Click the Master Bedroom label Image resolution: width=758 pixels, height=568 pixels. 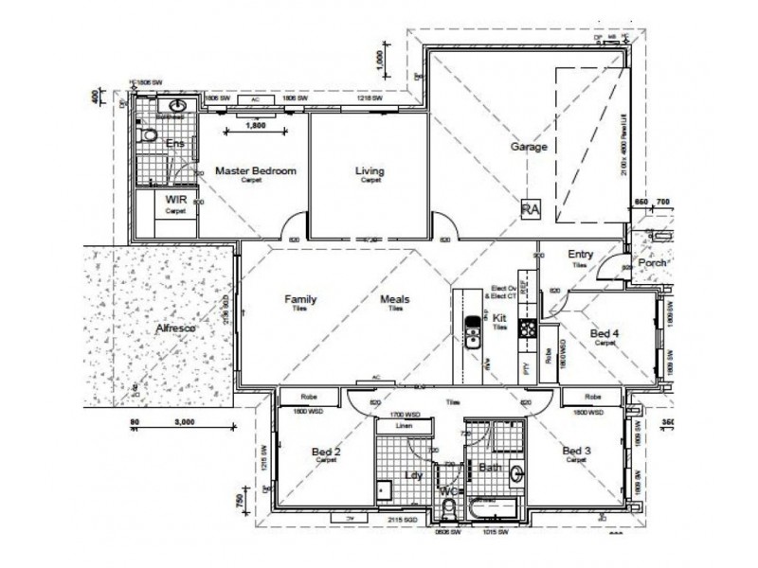pyautogui.click(x=256, y=171)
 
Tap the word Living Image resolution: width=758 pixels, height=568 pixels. pyautogui.click(x=370, y=171)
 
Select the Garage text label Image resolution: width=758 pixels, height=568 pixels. pyautogui.click(x=530, y=148)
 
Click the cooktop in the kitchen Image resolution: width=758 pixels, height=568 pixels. pyautogui.click(x=527, y=328)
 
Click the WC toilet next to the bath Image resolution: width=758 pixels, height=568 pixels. pyautogui.click(x=449, y=510)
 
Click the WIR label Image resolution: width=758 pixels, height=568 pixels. pyautogui.click(x=175, y=201)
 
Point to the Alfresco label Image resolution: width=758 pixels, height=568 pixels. pyautogui.click(x=174, y=329)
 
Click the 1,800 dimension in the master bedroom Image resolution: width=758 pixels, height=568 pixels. pyautogui.click(x=255, y=125)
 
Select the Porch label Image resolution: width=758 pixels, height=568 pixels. pyautogui.click(x=653, y=263)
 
